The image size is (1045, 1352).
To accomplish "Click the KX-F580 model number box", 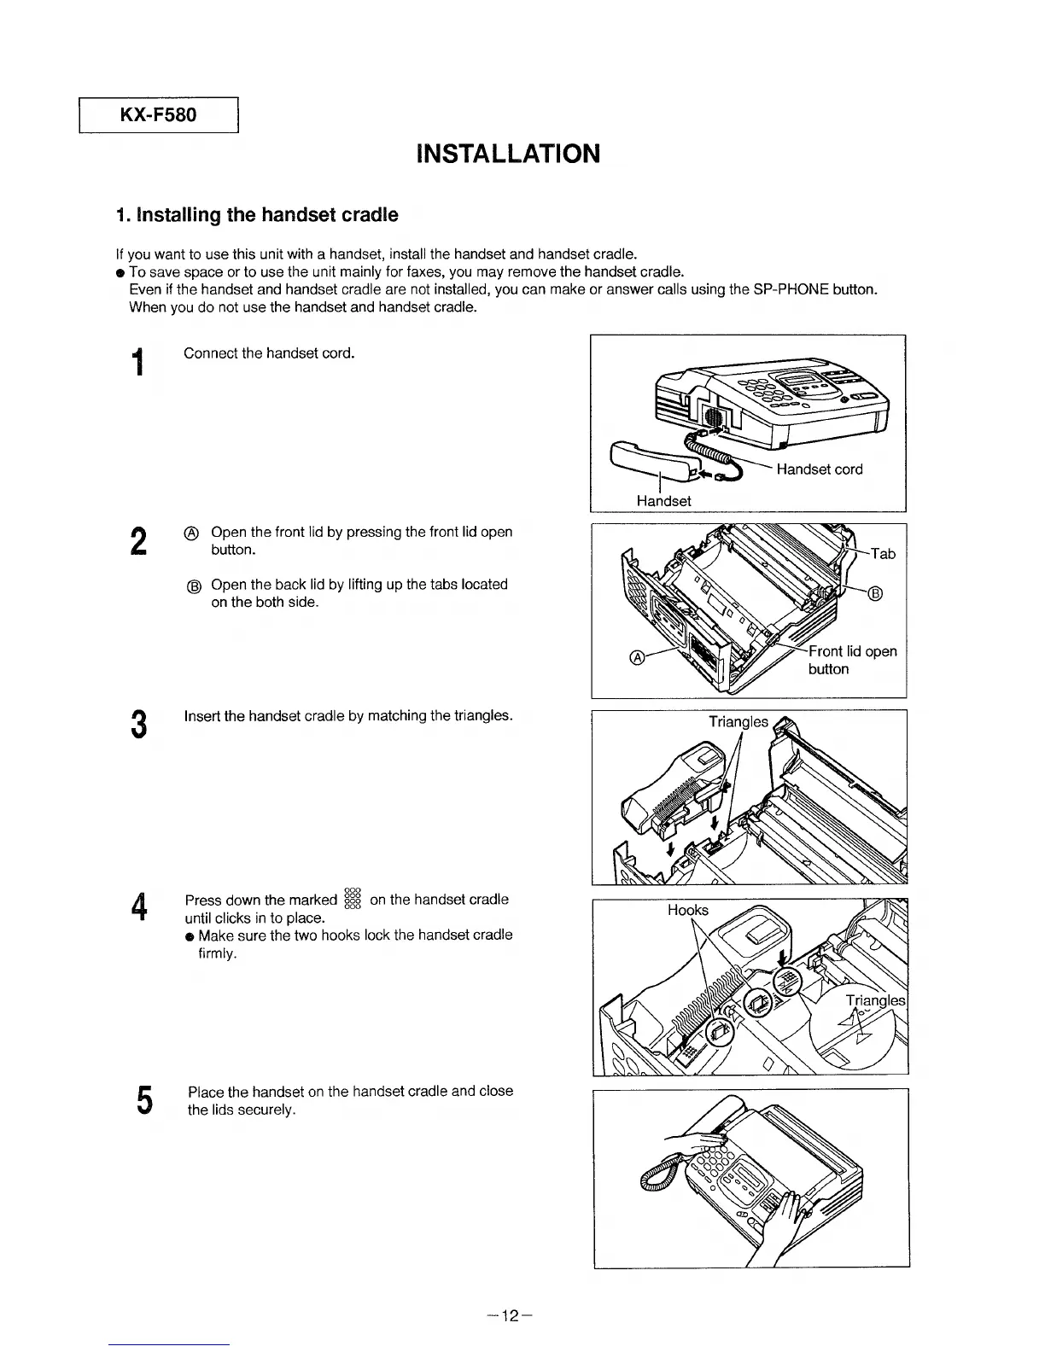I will (158, 115).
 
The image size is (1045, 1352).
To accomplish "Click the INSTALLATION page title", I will (508, 154).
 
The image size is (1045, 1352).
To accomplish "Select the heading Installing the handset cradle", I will (256, 215).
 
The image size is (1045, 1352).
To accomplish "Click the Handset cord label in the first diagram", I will (819, 469).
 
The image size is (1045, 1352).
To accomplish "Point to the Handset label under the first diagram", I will (663, 501).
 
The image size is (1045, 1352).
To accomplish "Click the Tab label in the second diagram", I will (883, 554).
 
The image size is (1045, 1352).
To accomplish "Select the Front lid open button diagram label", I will (851, 660).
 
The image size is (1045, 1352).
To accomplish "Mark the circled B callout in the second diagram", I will (875, 594).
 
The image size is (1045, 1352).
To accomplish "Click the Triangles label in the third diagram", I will (739, 722).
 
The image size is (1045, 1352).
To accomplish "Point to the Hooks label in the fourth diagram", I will (687, 910).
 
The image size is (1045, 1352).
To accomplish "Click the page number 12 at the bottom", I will (511, 1315).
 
